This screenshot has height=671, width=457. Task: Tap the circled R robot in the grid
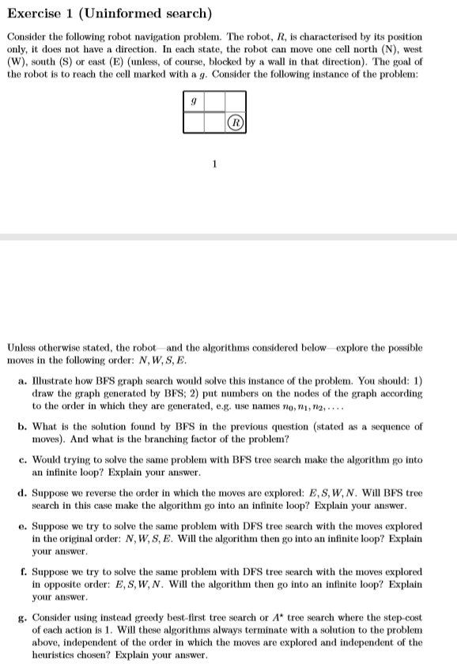tap(235, 122)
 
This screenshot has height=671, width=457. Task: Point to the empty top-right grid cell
tap(235, 101)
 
